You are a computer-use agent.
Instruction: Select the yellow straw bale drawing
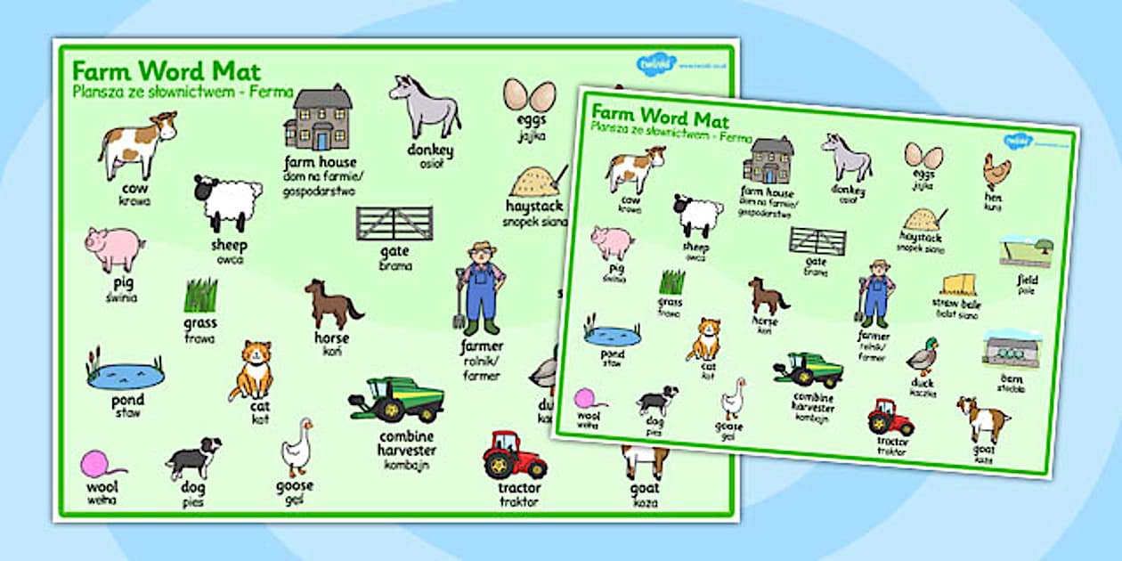pyautogui.click(x=959, y=286)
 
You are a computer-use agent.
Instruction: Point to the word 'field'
pyautogui.click(x=1028, y=280)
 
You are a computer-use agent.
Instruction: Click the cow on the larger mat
pyautogui.click(x=136, y=144)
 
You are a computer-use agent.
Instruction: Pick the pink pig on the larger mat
pyautogui.click(x=115, y=248)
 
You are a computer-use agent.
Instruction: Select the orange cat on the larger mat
pyautogui.click(x=252, y=369)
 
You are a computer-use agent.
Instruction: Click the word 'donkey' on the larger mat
pyautogui.click(x=430, y=150)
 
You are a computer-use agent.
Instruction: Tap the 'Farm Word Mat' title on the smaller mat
pyautogui.click(x=660, y=115)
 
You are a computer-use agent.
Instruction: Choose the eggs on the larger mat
pyautogui.click(x=529, y=95)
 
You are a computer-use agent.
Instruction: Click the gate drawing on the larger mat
pyautogui.click(x=394, y=224)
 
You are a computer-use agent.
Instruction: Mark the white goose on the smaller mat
pyautogui.click(x=732, y=398)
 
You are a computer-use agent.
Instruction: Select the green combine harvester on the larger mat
pyautogui.click(x=396, y=398)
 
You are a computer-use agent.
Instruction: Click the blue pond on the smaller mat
pyautogui.click(x=612, y=334)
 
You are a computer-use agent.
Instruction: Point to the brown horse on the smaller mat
pyautogui.click(x=768, y=297)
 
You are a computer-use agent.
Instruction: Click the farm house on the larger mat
pyautogui.click(x=319, y=118)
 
